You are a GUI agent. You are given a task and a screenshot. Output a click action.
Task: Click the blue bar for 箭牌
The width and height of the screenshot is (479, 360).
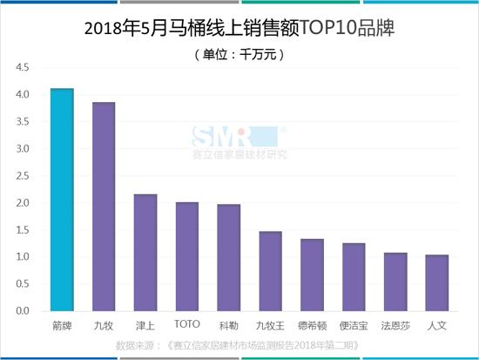(61, 200)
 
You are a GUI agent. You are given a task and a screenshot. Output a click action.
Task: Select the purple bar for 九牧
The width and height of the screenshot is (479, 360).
(104, 207)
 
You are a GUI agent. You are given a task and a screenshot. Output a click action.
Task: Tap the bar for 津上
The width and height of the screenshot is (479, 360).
(145, 253)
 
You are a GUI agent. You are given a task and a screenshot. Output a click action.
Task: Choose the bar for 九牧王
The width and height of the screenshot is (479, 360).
(271, 271)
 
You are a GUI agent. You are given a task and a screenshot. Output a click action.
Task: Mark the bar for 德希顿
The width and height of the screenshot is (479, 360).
(312, 275)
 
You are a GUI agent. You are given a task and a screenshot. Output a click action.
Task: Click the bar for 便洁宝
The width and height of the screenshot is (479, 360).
(354, 277)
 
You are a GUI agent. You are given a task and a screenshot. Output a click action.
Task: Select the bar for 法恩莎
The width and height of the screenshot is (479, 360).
(395, 282)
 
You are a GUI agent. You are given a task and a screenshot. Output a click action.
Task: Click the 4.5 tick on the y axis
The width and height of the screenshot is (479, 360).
(22, 67)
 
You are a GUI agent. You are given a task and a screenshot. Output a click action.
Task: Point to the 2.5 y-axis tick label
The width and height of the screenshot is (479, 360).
(22, 176)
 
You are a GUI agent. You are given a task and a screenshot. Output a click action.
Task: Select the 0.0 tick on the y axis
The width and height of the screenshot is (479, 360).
(22, 311)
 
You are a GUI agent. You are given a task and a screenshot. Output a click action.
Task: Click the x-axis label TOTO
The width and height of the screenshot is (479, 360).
(187, 324)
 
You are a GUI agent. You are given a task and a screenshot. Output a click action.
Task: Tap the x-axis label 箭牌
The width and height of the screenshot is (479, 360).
(61, 325)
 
